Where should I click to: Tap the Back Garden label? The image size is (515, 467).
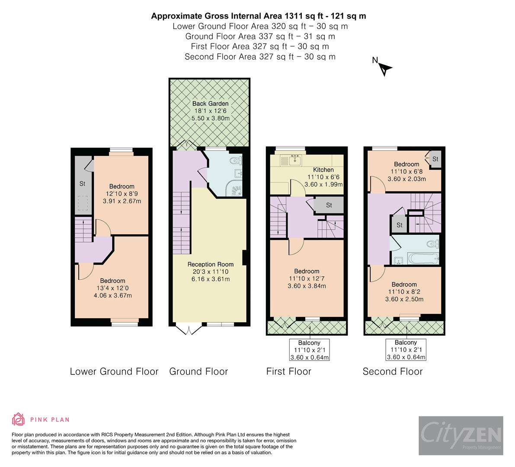point(210,104)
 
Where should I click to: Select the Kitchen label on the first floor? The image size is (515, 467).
point(323,170)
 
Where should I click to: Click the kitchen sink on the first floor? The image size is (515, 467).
point(295,160)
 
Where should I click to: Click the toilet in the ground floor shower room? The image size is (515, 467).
point(234,161)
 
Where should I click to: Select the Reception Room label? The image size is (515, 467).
point(210,264)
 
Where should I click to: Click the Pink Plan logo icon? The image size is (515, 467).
point(18,419)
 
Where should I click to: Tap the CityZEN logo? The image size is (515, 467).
point(461,435)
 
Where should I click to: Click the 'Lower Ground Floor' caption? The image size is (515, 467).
point(114,371)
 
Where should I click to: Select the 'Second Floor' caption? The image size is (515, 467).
point(392,371)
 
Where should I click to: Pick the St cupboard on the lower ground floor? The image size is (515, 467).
point(82,184)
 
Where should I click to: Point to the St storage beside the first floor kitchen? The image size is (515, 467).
point(329,205)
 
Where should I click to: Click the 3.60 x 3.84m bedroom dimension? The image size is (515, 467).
point(307,286)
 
